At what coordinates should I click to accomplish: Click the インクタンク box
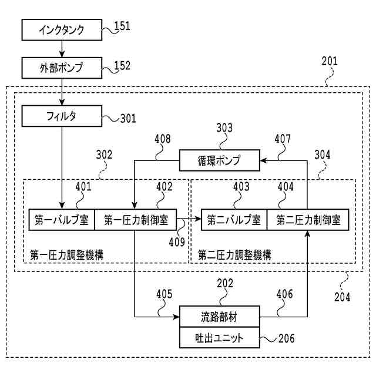coord(62,30)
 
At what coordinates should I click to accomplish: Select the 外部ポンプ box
coord(62,68)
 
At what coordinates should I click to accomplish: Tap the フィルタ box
coord(62,116)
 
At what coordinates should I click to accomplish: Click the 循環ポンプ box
coord(220,160)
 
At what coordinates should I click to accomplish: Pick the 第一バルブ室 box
coord(62,220)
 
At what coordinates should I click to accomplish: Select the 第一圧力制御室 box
coord(136,220)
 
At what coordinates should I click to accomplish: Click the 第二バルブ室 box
coord(234,220)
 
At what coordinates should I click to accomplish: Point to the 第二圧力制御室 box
coord(308,220)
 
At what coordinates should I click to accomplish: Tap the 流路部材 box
coord(220,317)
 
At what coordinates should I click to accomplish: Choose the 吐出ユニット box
coord(220,338)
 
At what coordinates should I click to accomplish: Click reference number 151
coord(122,26)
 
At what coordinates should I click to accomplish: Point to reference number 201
coord(330,61)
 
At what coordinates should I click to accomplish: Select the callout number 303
coord(224,128)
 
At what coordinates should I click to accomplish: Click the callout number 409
coord(177,242)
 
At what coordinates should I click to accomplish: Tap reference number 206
coord(287,338)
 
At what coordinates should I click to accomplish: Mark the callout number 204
coord(342,297)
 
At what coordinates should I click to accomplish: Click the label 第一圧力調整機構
coord(66,255)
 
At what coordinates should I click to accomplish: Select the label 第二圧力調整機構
coord(234,255)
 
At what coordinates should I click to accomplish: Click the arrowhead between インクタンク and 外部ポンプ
coord(62,54)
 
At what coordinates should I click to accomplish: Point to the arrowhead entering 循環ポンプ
coord(263,160)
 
